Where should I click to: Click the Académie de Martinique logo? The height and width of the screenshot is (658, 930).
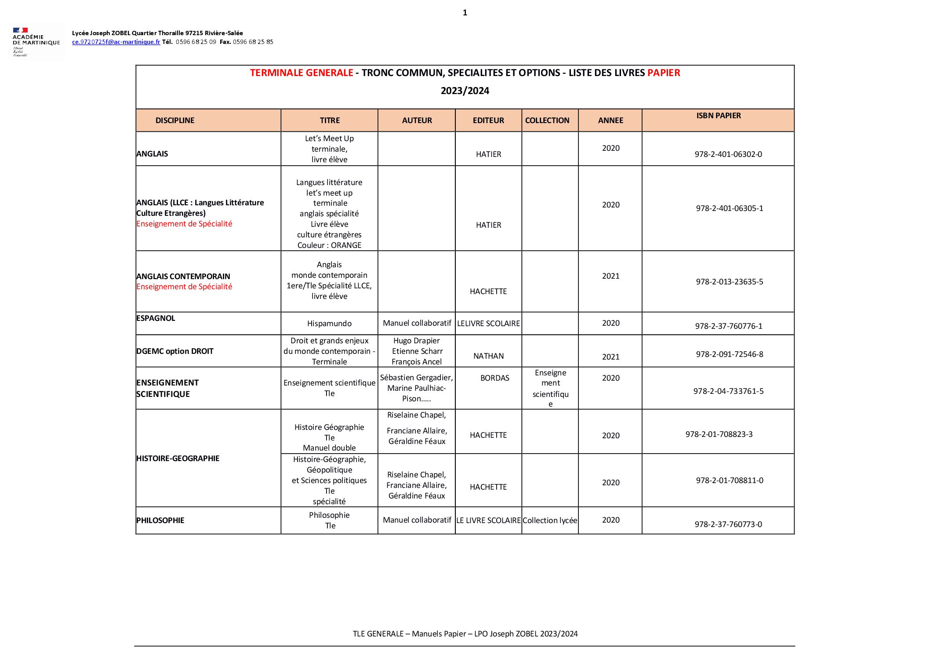[x=36, y=42]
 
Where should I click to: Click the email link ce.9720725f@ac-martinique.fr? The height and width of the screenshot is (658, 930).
[x=116, y=42]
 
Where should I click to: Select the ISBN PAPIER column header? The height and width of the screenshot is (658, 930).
[x=718, y=116]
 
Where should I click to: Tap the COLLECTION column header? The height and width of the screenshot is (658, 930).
[x=547, y=120]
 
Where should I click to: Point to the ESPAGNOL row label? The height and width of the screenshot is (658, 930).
[x=156, y=318]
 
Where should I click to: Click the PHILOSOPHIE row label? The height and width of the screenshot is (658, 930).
[x=160, y=520]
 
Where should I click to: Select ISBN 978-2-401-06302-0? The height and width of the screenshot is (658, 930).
[x=728, y=154]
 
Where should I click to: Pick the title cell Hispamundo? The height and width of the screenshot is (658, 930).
[x=329, y=324]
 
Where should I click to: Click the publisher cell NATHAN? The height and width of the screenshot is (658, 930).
[x=488, y=356]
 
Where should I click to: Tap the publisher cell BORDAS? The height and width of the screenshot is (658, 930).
[x=494, y=378]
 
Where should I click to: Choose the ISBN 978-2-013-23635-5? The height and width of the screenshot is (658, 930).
[x=729, y=282]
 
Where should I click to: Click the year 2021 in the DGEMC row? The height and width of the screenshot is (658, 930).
[x=610, y=357]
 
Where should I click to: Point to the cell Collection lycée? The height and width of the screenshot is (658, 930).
[x=550, y=520]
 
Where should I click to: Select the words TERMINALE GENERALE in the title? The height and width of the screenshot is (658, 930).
[x=302, y=73]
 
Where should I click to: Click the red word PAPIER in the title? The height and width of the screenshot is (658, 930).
[x=664, y=73]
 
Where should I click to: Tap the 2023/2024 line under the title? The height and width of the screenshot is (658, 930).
[x=465, y=91]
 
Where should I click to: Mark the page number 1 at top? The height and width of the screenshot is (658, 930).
[x=465, y=13]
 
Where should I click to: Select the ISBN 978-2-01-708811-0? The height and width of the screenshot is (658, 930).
[x=729, y=480]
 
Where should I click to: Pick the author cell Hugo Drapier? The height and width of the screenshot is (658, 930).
[x=417, y=341]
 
